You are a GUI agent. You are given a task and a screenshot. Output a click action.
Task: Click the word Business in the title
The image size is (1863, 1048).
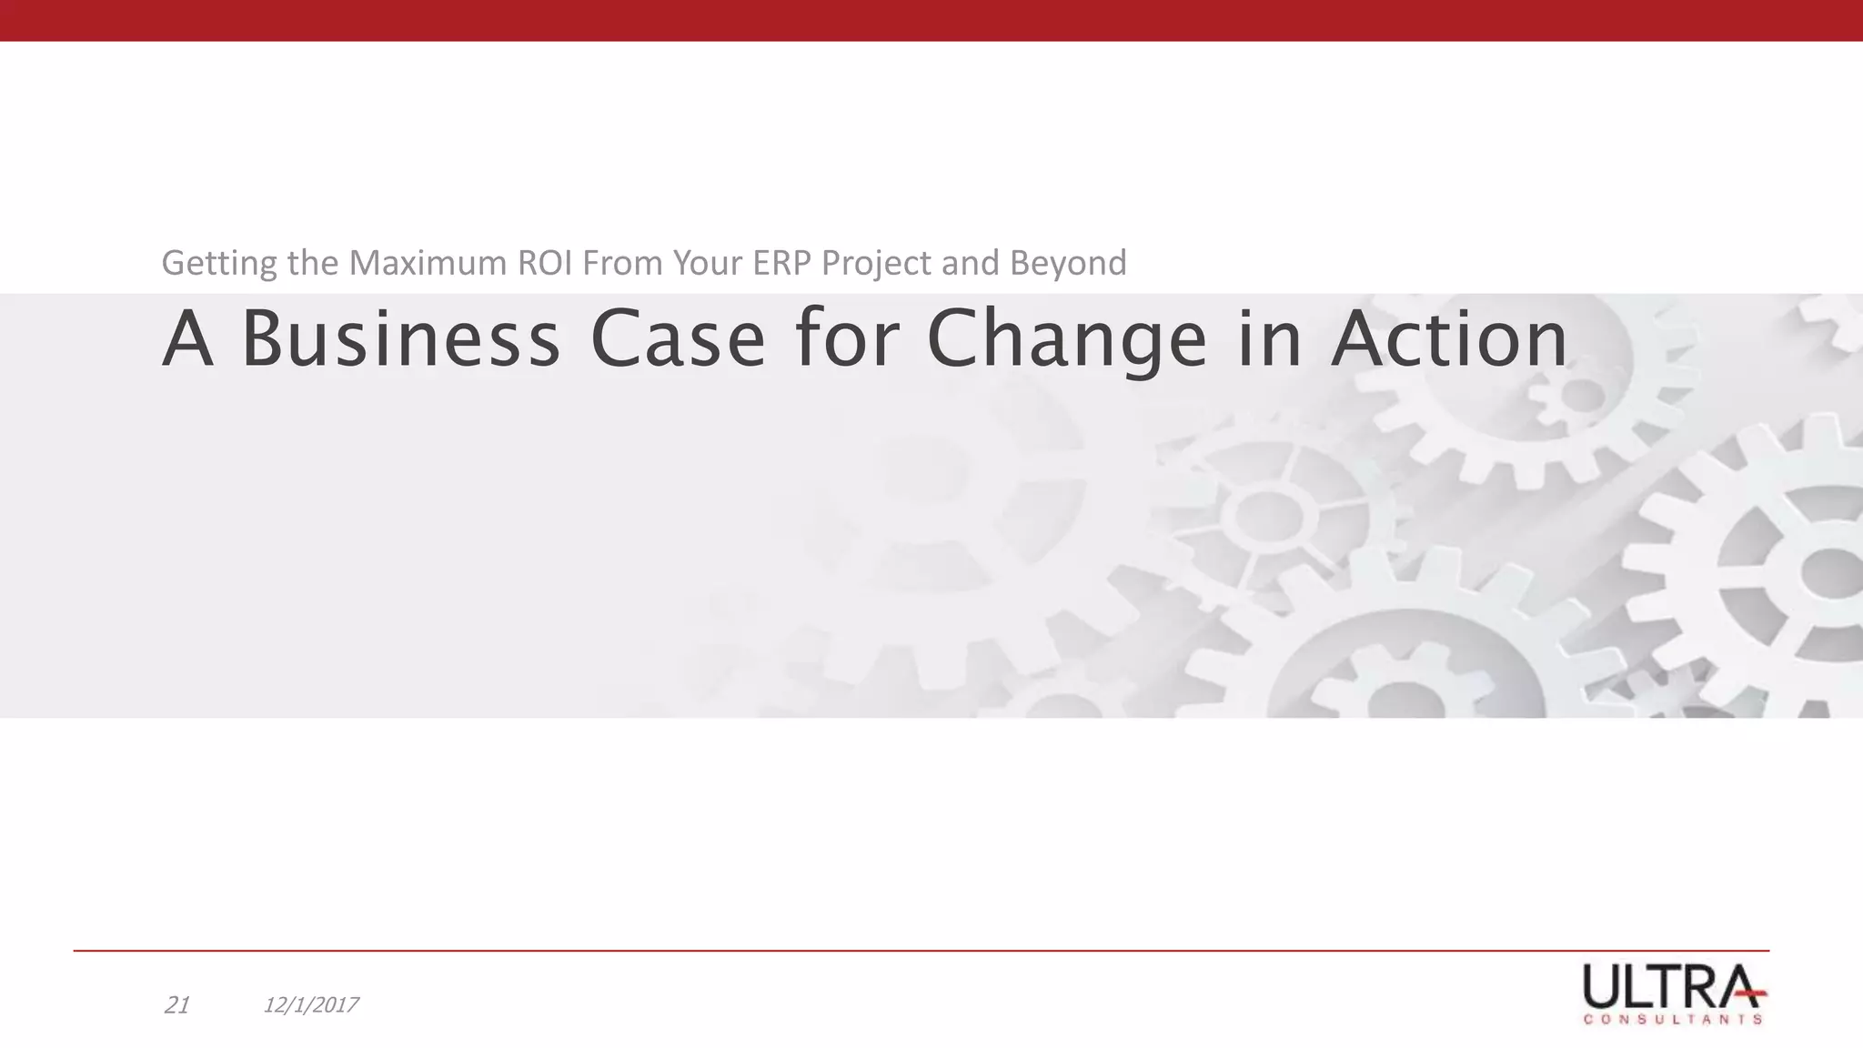[x=400, y=338]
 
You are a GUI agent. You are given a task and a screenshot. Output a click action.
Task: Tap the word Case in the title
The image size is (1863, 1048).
[x=677, y=338]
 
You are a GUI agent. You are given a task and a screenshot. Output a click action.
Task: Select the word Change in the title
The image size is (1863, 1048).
[x=1066, y=340]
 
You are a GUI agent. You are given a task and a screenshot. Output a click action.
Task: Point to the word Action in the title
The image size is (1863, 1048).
[x=1449, y=338]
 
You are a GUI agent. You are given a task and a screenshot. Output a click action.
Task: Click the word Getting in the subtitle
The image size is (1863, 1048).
[x=219, y=264]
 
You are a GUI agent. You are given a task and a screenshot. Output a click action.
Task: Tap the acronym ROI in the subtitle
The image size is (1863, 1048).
[x=546, y=262]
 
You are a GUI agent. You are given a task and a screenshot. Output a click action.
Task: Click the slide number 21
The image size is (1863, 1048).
[x=176, y=1005]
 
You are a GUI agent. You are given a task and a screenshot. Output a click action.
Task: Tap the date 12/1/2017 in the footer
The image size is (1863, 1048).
[x=311, y=1005]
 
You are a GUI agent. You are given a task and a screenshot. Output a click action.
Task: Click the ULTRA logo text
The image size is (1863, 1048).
[x=1672, y=986]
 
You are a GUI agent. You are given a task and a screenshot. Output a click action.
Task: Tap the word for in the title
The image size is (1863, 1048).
[x=846, y=338]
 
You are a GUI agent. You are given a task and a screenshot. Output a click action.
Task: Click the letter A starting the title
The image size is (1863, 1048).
[x=187, y=338]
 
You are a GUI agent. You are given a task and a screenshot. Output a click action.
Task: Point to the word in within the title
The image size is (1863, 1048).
[x=1269, y=338]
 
